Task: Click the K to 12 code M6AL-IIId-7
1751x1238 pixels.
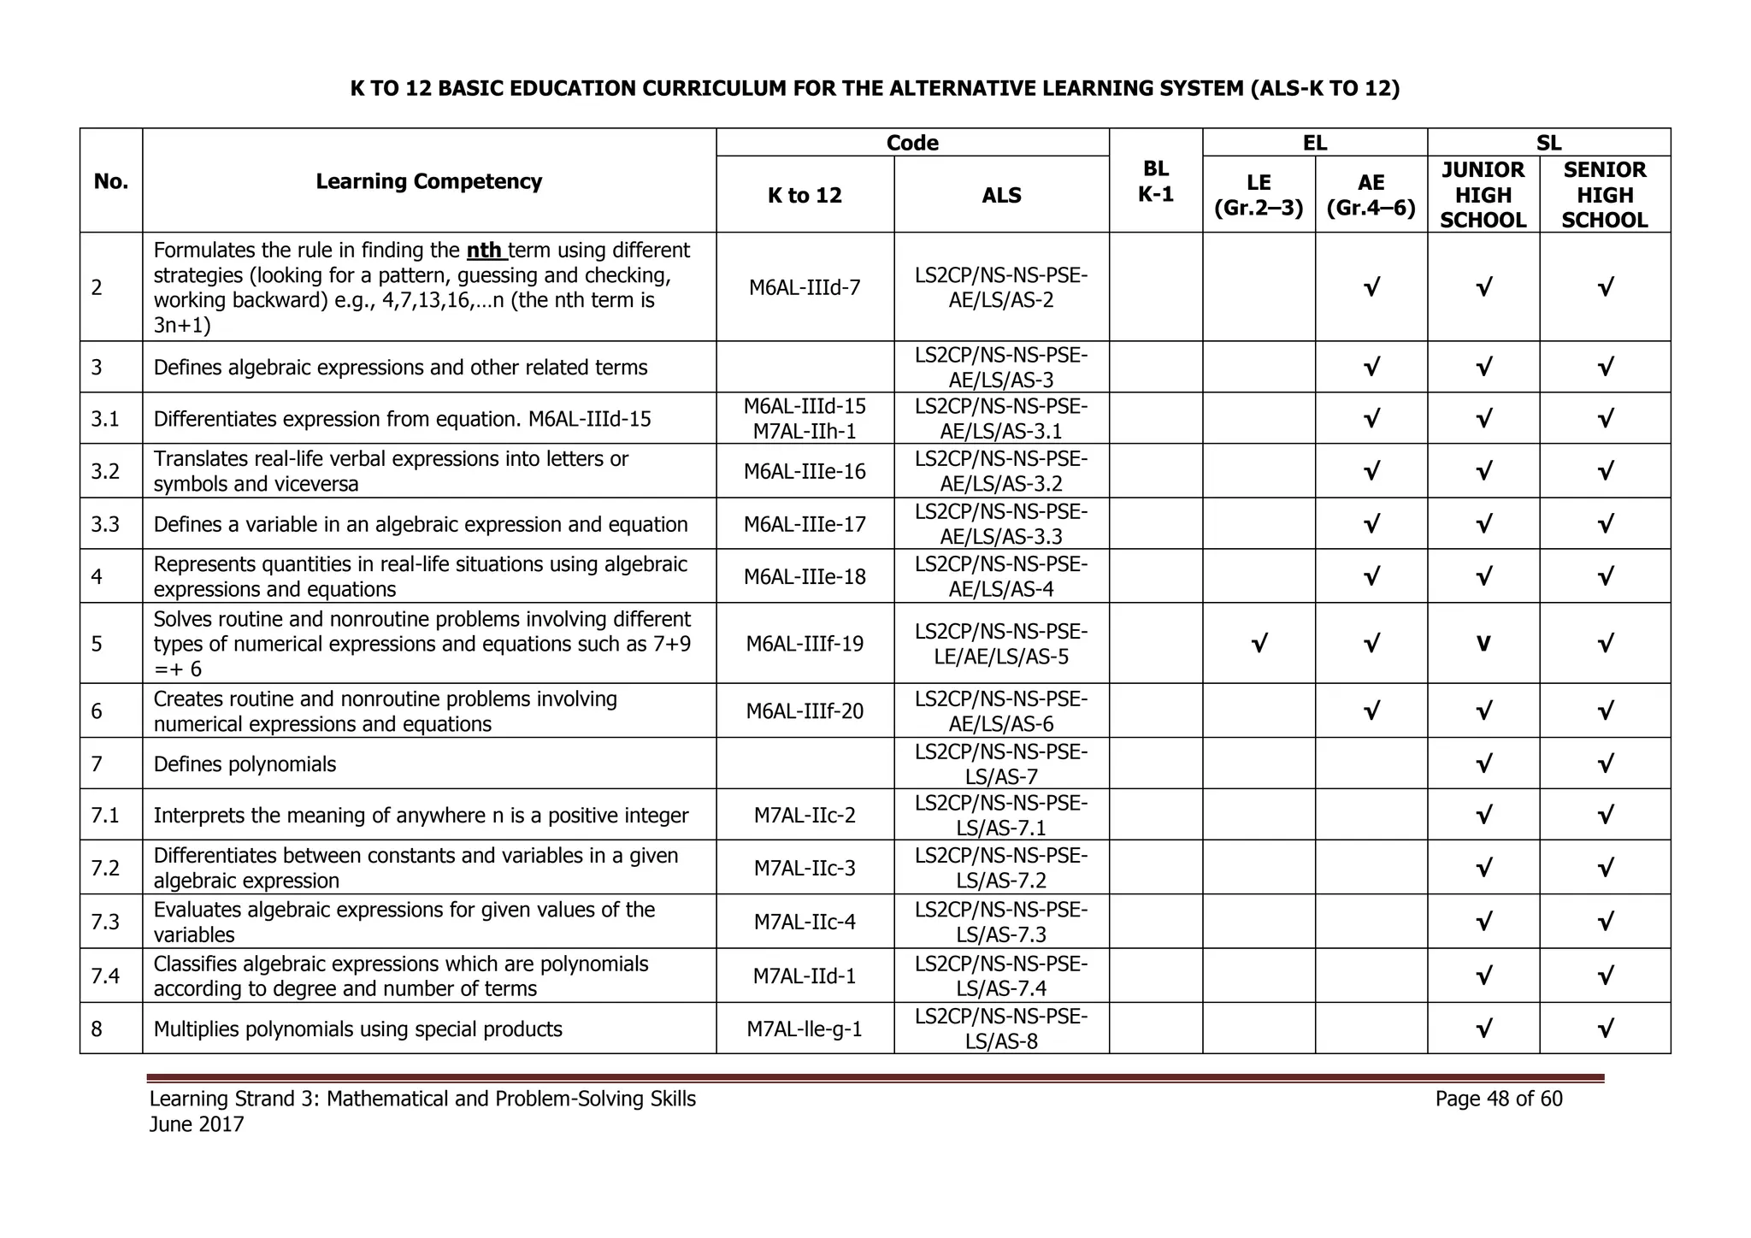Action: [805, 287]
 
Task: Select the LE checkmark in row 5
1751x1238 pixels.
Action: [1259, 643]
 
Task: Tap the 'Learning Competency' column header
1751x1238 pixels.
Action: [428, 181]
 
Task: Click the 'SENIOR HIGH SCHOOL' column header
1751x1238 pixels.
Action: [1604, 195]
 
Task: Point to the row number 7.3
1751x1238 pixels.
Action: [105, 922]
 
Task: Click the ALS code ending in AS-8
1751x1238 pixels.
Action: [1001, 1029]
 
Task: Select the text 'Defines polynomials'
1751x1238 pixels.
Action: [245, 764]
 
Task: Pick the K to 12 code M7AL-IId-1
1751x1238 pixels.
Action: [805, 976]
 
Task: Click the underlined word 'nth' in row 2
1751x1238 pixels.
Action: [485, 251]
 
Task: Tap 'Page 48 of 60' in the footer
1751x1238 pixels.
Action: [1498, 1099]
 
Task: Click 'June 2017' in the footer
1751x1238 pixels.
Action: [197, 1124]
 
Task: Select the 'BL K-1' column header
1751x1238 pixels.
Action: [1155, 181]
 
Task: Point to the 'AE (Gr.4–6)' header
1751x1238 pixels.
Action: [1371, 195]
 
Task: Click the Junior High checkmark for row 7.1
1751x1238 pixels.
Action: [1483, 815]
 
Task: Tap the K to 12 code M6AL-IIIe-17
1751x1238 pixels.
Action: [805, 524]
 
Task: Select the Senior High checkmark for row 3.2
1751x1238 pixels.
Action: [1605, 471]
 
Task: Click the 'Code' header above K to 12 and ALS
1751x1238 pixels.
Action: [912, 143]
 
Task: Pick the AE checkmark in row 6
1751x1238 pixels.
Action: [1371, 710]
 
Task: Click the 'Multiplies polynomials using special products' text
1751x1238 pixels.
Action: [357, 1029]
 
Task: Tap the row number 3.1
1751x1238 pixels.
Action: [105, 419]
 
